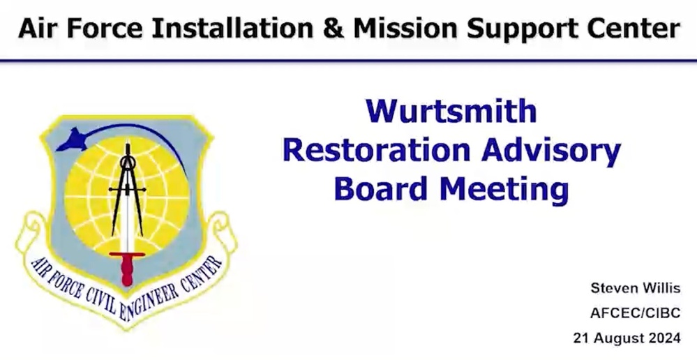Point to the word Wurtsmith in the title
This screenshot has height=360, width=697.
point(451,112)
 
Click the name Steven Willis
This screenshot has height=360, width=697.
point(635,288)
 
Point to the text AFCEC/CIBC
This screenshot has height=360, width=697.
point(634,313)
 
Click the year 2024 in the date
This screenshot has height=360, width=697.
point(664,339)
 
